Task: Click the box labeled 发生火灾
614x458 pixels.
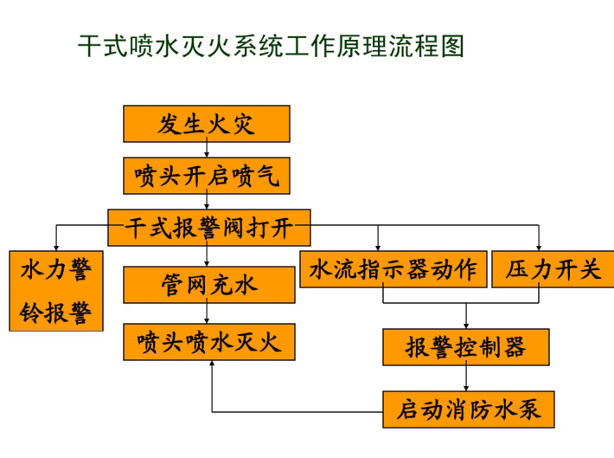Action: click(x=207, y=124)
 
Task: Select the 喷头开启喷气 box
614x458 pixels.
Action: click(x=207, y=176)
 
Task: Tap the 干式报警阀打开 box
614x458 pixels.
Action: click(x=209, y=228)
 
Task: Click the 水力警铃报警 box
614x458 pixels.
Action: click(x=56, y=291)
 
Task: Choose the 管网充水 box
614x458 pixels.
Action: click(x=209, y=285)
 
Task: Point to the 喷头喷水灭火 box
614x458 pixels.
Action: click(x=209, y=342)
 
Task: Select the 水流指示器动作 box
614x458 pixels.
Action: click(x=393, y=269)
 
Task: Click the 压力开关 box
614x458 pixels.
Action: click(x=553, y=269)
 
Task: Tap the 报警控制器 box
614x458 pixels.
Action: click(x=466, y=347)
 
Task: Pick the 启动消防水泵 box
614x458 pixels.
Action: click(x=469, y=409)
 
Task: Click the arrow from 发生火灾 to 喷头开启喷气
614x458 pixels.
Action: click(x=207, y=150)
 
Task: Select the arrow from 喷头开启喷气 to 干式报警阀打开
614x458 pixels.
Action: click(x=207, y=202)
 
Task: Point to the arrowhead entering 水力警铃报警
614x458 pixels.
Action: click(x=56, y=248)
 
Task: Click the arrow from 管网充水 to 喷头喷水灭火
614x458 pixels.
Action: click(x=207, y=313)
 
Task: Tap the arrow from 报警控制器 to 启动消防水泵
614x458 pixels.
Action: click(x=466, y=378)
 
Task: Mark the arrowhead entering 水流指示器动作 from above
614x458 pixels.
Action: click(x=378, y=248)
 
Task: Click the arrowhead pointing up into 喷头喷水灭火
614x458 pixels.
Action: click(x=212, y=364)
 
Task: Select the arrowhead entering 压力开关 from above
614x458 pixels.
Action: click(x=539, y=248)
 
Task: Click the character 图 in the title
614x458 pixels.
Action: click(x=452, y=46)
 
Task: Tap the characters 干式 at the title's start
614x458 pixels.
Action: click(x=104, y=46)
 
